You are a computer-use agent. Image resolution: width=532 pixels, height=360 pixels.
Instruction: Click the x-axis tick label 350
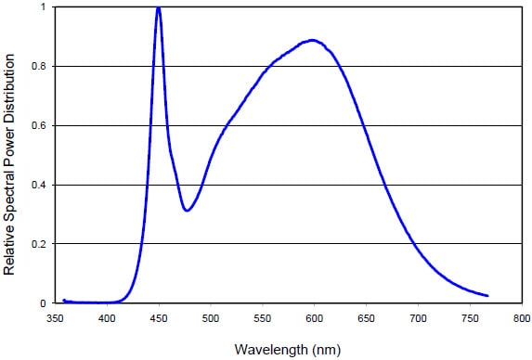(x=55, y=319)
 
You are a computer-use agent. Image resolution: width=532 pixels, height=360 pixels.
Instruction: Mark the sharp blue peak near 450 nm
(x=159, y=8)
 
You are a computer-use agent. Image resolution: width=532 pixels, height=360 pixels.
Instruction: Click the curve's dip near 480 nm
(x=188, y=211)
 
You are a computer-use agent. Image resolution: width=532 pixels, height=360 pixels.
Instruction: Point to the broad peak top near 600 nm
(x=313, y=40)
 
